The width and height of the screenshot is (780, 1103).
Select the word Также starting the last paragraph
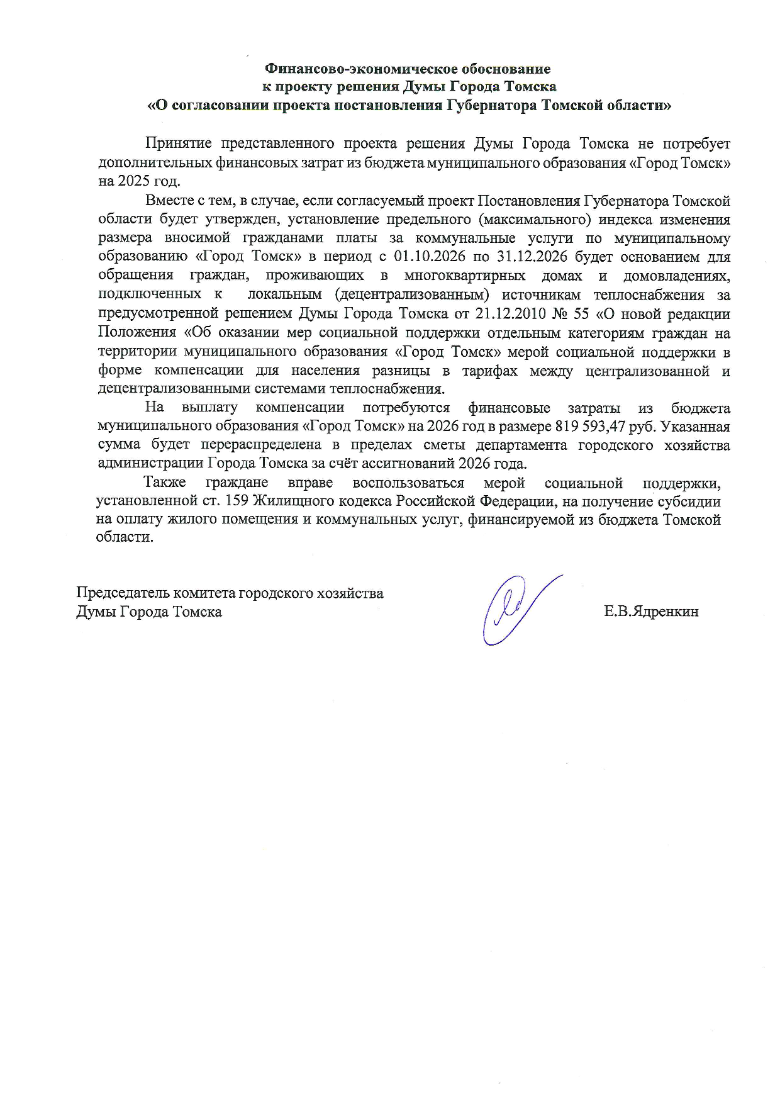click(x=165, y=483)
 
